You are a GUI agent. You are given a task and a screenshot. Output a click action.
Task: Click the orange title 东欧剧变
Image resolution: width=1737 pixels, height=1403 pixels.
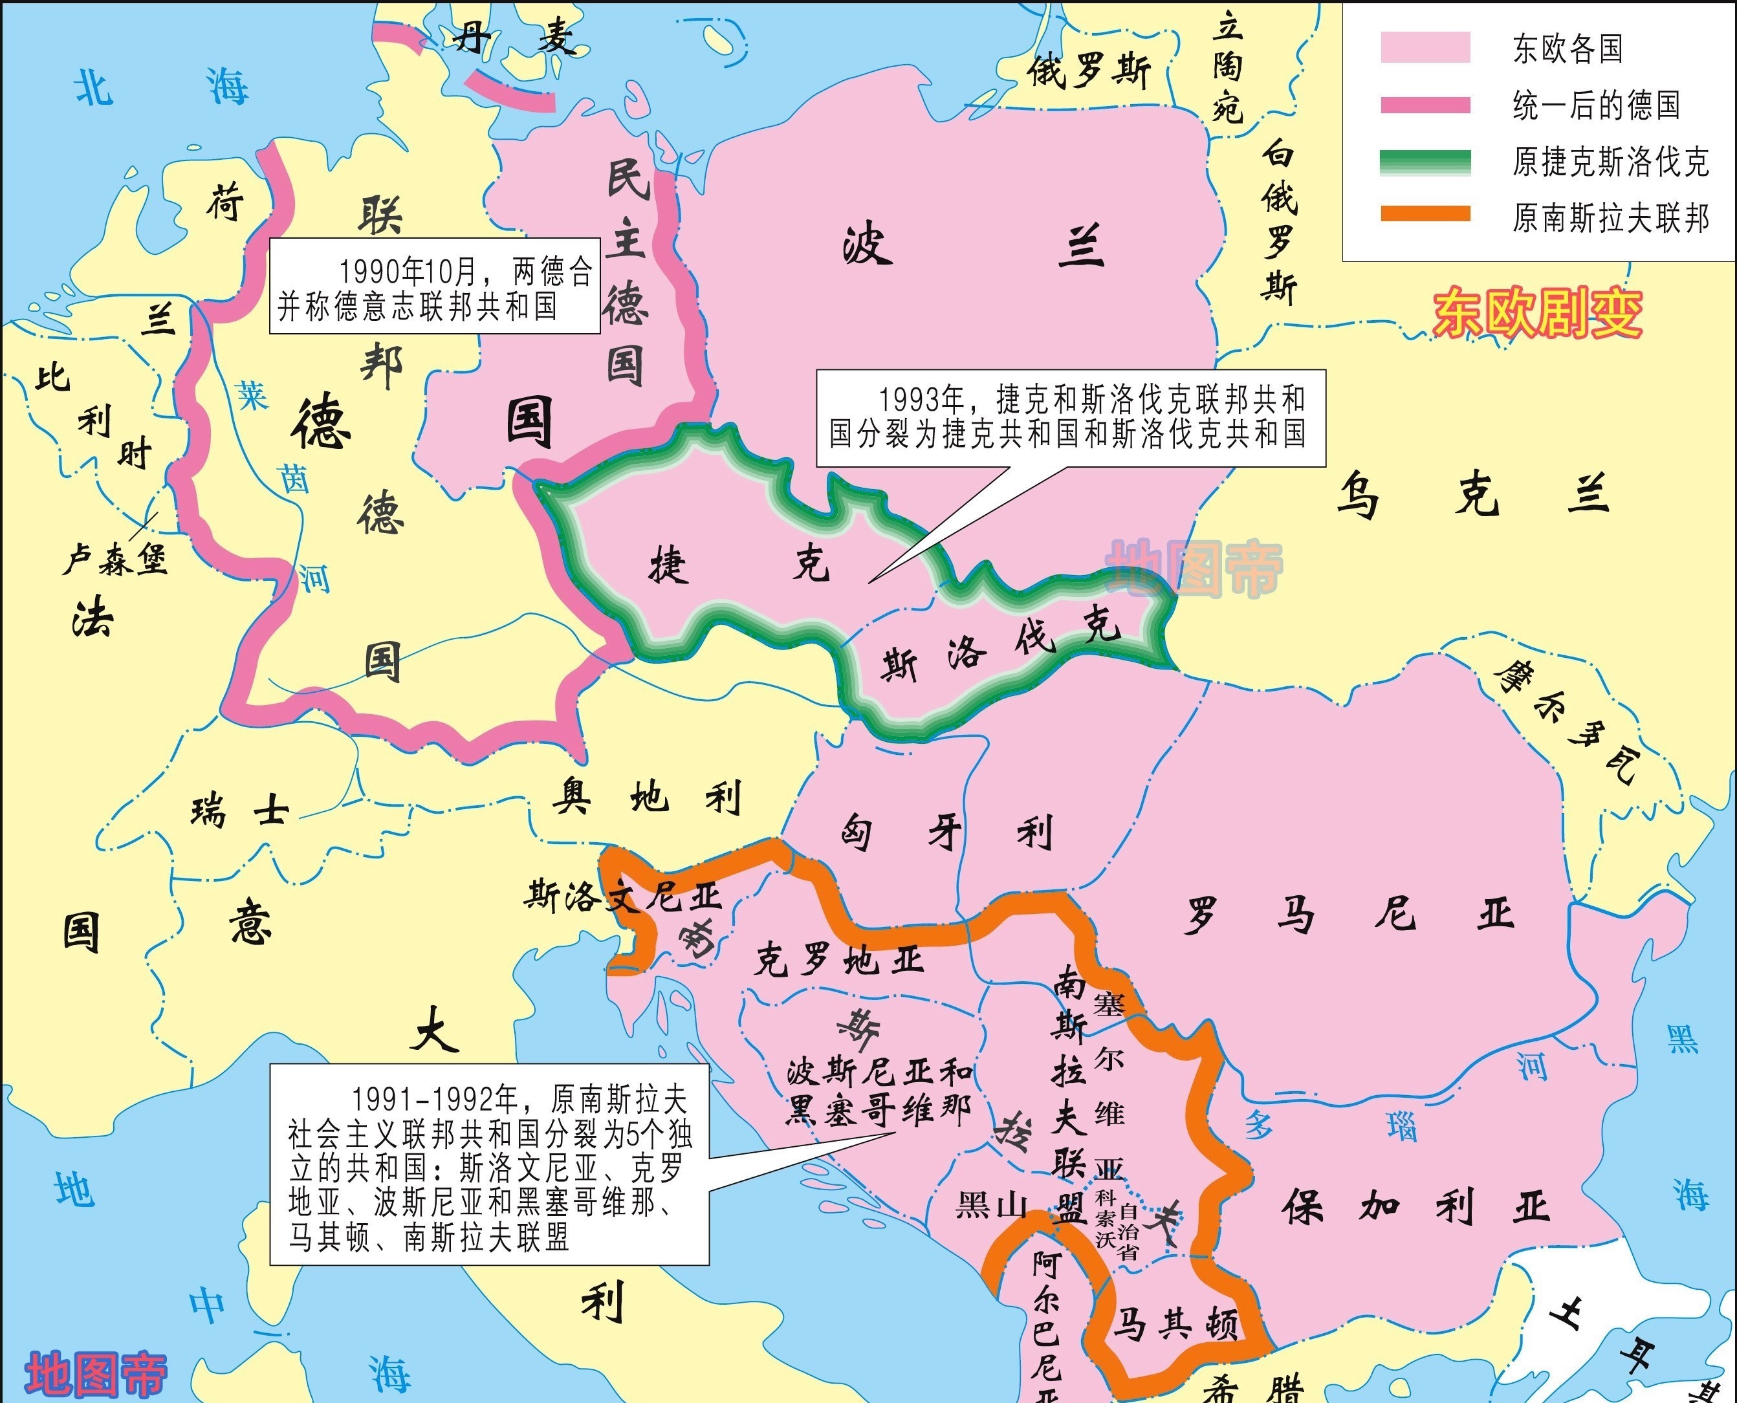tap(1537, 314)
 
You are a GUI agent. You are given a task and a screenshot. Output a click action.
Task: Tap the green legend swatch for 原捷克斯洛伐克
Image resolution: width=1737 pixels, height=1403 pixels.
tap(1425, 162)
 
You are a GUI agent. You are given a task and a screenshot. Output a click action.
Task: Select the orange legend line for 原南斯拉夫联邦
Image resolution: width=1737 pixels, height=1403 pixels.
tap(1425, 214)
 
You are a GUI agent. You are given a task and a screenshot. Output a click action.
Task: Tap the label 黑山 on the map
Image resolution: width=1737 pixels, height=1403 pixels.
tap(991, 1206)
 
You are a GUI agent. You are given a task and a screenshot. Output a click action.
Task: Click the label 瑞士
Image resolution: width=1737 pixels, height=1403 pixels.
tap(240, 810)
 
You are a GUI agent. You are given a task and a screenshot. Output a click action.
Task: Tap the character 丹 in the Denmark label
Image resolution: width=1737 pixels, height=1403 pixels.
tap(472, 36)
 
